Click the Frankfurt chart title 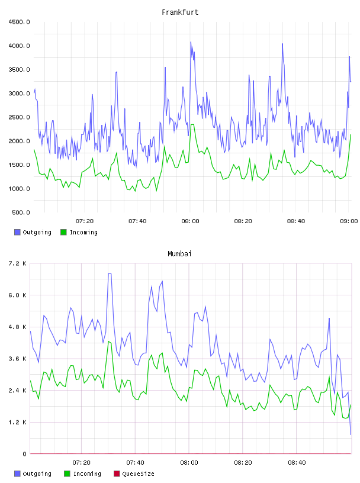[x=180, y=12]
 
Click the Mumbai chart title [x=179, y=254]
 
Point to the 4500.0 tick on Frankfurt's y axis [x=19, y=22]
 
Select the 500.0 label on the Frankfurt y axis [x=21, y=212]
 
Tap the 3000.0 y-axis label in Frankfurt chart [x=19, y=94]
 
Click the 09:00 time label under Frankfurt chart [x=349, y=221]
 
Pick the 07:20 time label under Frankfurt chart [x=85, y=221]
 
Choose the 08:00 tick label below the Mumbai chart [x=189, y=463]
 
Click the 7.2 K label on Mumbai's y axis [x=17, y=263]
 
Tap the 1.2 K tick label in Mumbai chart [x=17, y=422]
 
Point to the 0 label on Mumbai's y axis [x=24, y=454]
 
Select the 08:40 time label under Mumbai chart [x=297, y=463]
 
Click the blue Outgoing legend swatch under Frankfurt [x=17, y=232]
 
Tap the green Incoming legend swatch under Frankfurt [x=63, y=232]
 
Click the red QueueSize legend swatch [x=117, y=474]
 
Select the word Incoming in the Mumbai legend [x=87, y=474]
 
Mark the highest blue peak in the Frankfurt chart [x=191, y=42]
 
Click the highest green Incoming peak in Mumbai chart [x=108, y=342]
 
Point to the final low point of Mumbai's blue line [x=351, y=434]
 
